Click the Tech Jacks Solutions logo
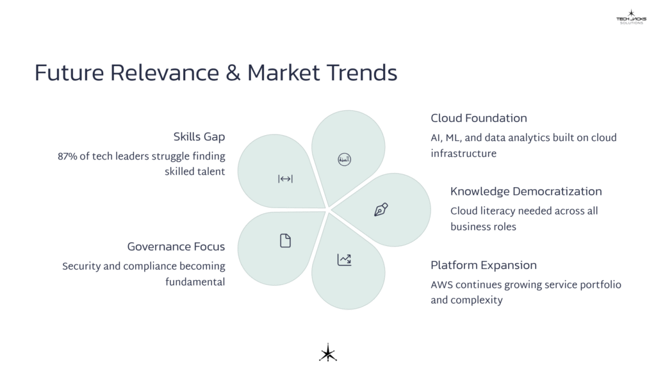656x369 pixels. click(632, 17)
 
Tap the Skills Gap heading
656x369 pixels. click(199, 136)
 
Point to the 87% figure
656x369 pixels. click(69, 156)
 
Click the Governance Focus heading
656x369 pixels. click(176, 247)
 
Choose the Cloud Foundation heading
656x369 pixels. click(479, 118)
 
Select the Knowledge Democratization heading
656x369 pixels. click(526, 192)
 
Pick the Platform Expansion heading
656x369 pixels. click(484, 265)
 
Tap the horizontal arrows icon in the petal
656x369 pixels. click(285, 179)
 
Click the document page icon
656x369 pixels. click(285, 241)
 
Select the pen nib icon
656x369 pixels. click(381, 209)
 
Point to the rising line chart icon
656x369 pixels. click(344, 259)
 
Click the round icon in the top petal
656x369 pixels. click(344, 160)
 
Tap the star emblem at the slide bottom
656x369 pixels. click(328, 353)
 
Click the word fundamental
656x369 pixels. click(195, 282)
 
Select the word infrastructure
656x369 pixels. click(463, 154)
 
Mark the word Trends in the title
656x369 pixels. click(363, 72)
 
